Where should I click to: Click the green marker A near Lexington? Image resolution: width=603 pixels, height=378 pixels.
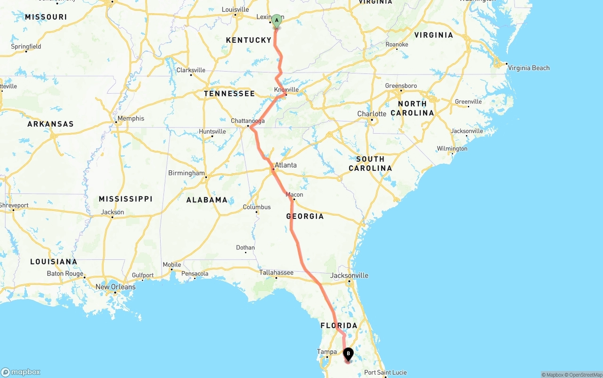(277, 20)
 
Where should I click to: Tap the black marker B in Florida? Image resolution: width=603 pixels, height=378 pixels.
(348, 354)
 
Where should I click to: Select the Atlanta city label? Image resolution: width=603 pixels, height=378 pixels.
(285, 165)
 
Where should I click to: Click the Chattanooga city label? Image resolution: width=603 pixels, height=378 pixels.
(247, 121)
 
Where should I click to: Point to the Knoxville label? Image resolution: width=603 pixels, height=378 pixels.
(286, 89)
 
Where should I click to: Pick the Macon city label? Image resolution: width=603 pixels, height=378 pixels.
(294, 194)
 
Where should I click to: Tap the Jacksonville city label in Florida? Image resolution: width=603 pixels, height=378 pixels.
(350, 275)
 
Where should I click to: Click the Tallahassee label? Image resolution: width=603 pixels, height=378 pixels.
(276, 273)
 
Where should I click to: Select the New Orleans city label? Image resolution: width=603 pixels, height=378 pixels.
(115, 287)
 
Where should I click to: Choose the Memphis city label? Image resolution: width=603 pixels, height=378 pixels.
(131, 118)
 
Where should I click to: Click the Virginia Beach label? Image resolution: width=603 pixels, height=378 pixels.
(529, 68)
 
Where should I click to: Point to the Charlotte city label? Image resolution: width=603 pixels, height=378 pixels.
(372, 113)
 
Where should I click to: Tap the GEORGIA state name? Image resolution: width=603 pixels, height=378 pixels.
(305, 216)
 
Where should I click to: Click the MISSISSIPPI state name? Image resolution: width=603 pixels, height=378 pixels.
(125, 199)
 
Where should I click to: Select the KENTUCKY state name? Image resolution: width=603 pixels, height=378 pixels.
(248, 40)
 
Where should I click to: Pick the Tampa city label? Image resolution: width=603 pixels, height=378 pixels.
(327, 352)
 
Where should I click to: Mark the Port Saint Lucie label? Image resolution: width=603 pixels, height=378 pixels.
(385, 372)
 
